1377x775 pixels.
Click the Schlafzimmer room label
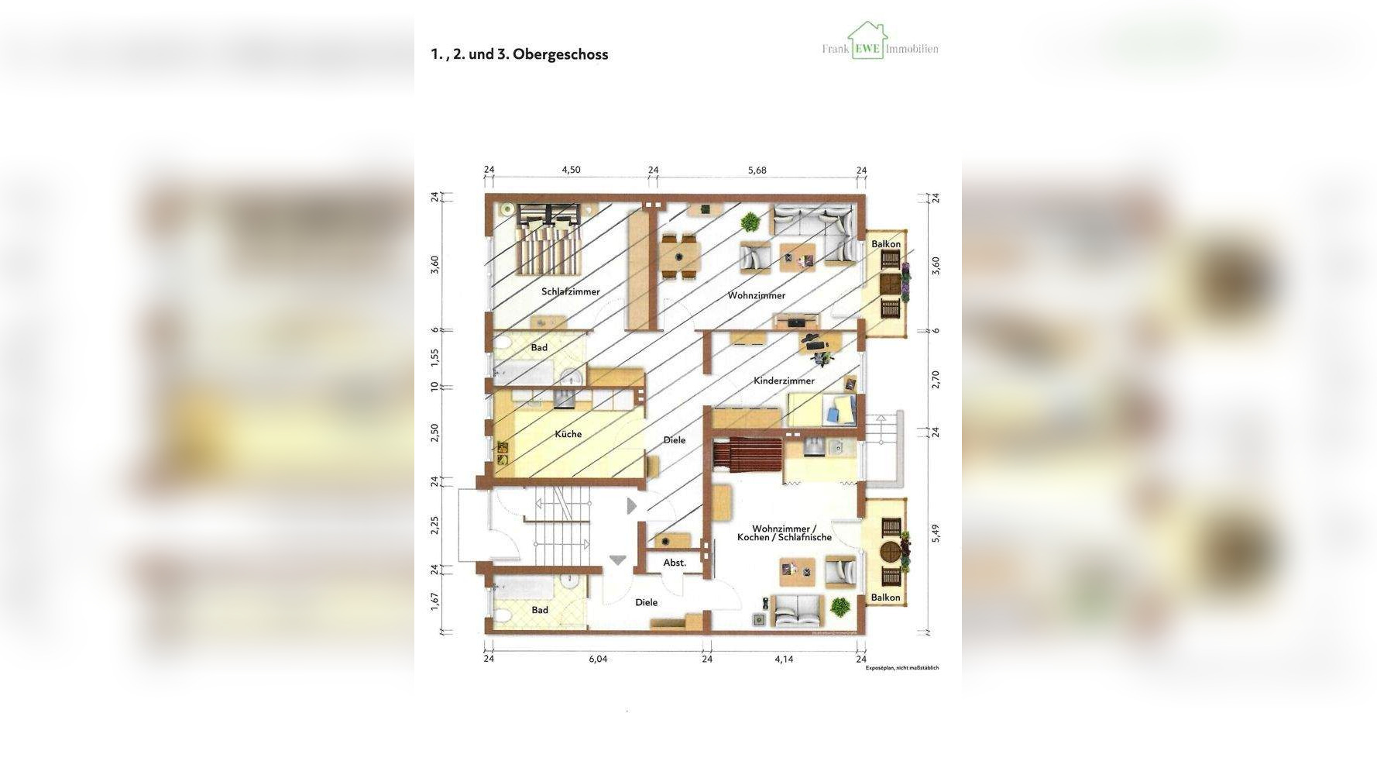[x=571, y=292]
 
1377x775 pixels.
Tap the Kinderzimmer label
[x=784, y=381]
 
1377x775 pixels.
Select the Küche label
[x=568, y=434]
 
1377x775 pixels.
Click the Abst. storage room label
[x=675, y=563]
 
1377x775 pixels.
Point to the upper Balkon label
[x=886, y=244]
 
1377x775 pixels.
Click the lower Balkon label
[x=885, y=598]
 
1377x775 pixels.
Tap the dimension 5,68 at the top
[x=757, y=170]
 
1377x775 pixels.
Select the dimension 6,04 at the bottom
[x=598, y=660]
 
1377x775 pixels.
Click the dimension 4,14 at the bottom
[x=784, y=660]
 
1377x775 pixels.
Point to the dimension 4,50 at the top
[x=571, y=170]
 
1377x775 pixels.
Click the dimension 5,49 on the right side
[x=936, y=533]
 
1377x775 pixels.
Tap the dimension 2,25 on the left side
[x=435, y=525]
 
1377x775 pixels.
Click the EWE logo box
[x=867, y=49]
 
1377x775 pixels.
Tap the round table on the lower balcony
[x=891, y=553]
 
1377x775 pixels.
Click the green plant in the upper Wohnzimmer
[x=750, y=223]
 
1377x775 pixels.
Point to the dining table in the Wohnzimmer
[x=682, y=256]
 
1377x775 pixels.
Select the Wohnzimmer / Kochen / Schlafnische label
[x=784, y=533]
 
